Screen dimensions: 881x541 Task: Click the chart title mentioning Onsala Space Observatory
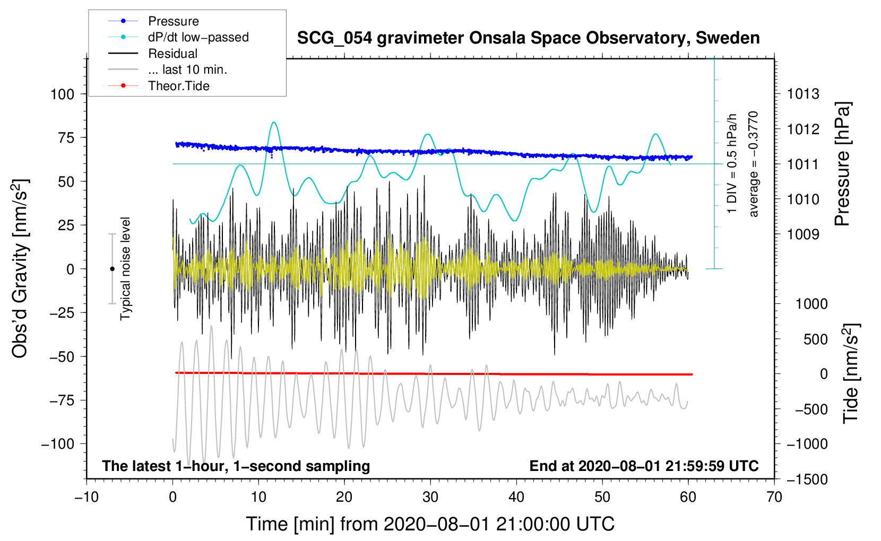(528, 38)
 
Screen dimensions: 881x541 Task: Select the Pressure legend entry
(153, 21)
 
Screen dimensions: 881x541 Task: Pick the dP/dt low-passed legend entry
(178, 37)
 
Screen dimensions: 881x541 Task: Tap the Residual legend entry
(153, 54)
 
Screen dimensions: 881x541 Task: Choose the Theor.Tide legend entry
(159, 86)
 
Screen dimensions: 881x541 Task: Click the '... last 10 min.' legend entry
(168, 69)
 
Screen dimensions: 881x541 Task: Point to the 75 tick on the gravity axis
(66, 137)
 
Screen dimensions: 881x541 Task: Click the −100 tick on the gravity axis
(58, 444)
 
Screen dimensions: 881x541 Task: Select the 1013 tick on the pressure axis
(803, 94)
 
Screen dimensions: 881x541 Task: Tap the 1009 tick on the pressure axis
(803, 234)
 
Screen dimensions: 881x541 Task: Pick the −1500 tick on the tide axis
(807, 479)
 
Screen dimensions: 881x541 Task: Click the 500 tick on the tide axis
(816, 339)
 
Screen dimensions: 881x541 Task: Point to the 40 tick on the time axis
(516, 497)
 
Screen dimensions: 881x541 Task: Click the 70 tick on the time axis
(774, 497)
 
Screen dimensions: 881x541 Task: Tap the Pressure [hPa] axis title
(842, 164)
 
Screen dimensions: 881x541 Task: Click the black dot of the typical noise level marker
(112, 269)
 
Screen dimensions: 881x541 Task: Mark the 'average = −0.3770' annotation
(753, 164)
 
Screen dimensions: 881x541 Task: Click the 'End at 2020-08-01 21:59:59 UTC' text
(644, 466)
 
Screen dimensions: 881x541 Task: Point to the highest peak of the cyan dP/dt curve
(274, 122)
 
